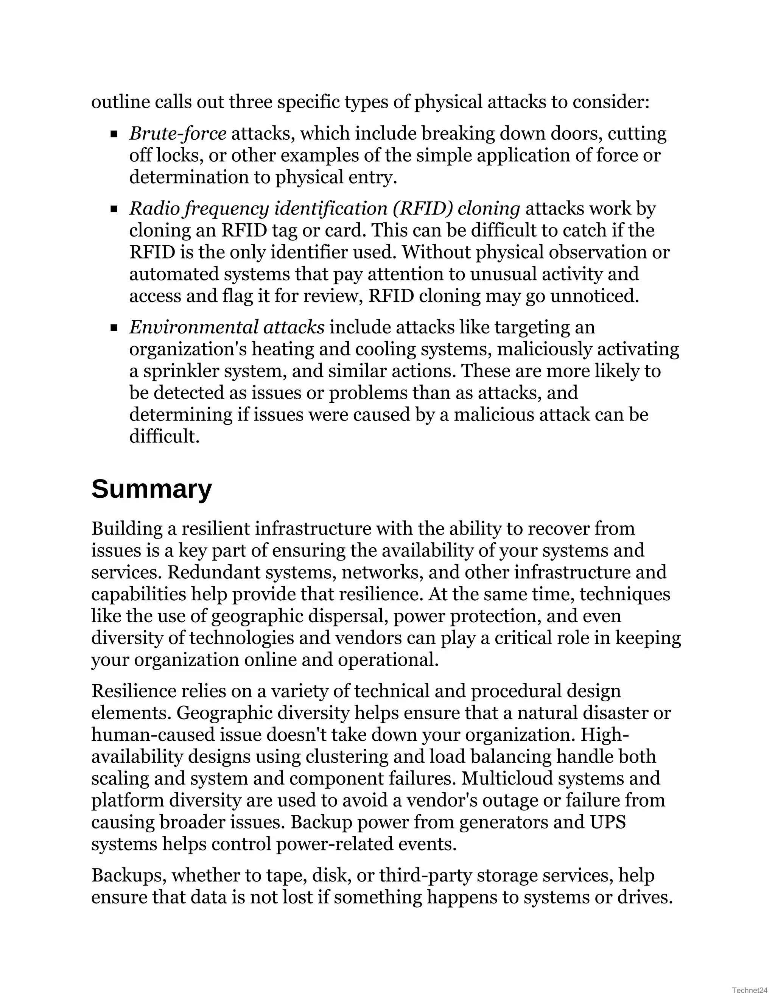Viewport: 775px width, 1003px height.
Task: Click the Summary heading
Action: [x=151, y=489]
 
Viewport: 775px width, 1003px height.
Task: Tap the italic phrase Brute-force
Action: [x=178, y=134]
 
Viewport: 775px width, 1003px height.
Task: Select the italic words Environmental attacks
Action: [x=227, y=327]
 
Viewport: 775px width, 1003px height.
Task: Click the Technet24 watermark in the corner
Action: [x=749, y=990]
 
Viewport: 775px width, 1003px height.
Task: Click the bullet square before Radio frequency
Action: [x=114, y=209]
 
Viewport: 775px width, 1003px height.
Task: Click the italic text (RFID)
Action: [x=422, y=209]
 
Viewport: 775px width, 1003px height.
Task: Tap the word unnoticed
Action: [x=594, y=296]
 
